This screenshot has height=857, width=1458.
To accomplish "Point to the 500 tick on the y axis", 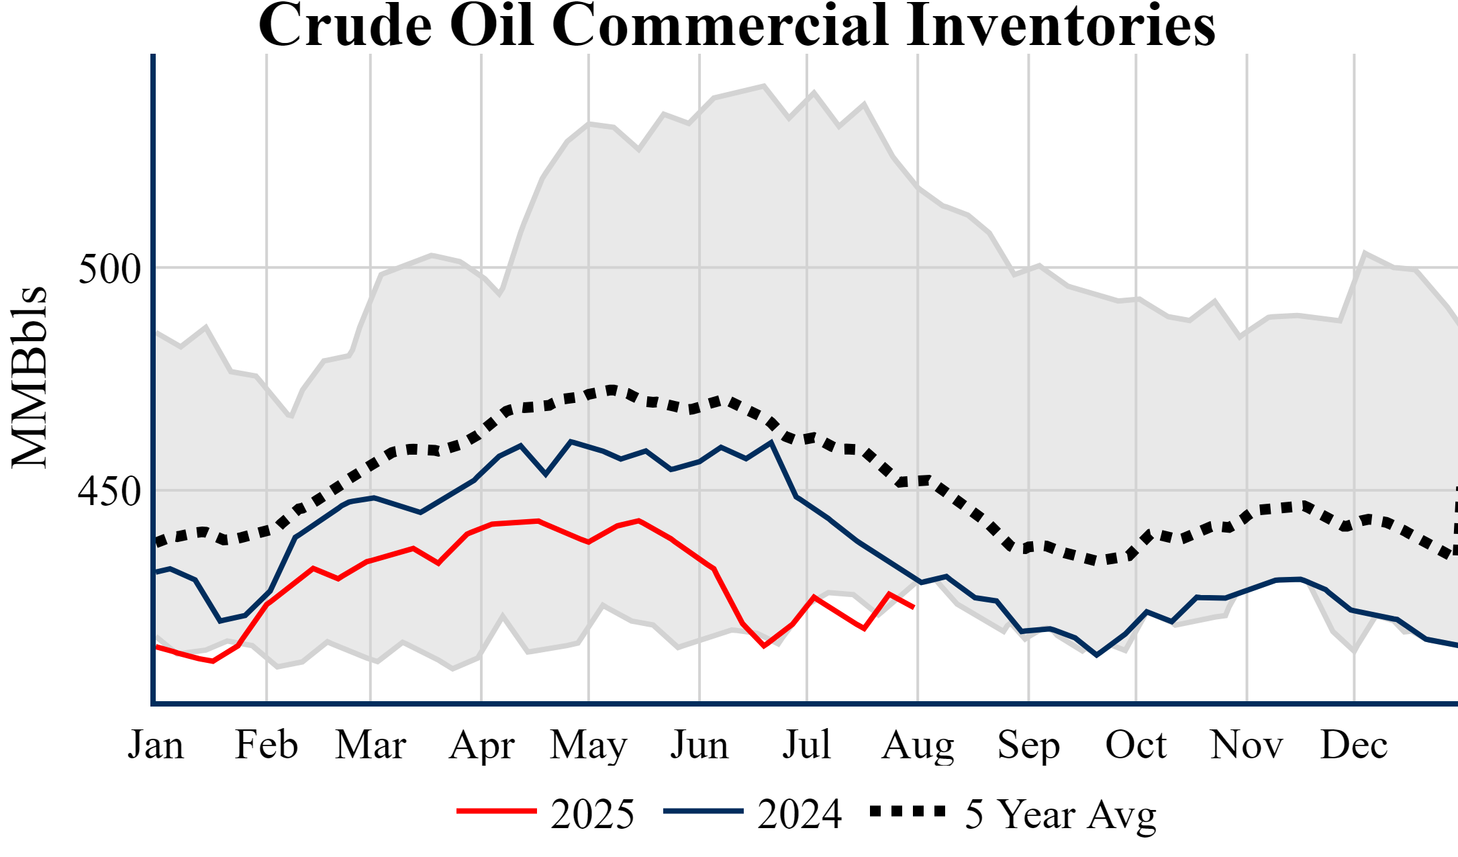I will click(109, 269).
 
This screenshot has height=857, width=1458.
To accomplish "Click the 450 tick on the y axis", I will click(109, 492).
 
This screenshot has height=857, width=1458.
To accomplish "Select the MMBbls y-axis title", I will click(30, 377).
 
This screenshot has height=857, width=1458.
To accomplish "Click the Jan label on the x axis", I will click(156, 745).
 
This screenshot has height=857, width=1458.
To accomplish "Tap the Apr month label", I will click(481, 745).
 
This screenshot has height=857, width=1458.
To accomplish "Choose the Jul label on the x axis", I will click(806, 745).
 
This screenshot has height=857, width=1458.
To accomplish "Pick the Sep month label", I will click(1028, 745).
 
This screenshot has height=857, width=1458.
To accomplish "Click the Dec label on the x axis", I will click(1354, 745).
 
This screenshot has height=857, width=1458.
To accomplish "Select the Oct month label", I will click(1136, 745).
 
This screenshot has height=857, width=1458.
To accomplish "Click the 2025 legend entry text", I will click(592, 815).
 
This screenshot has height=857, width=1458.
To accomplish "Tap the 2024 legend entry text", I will click(799, 815).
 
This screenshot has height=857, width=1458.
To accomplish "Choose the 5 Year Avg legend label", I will click(1061, 815).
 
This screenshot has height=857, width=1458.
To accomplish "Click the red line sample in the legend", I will click(497, 811).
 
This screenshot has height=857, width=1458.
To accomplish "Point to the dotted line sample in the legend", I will click(908, 811).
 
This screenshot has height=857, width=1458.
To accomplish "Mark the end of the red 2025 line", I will click(914, 607).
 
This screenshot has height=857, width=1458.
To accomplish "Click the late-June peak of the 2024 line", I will click(771, 442).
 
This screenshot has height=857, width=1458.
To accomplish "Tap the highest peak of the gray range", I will click(764, 85).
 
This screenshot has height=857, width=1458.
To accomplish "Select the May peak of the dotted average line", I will click(612, 389).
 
